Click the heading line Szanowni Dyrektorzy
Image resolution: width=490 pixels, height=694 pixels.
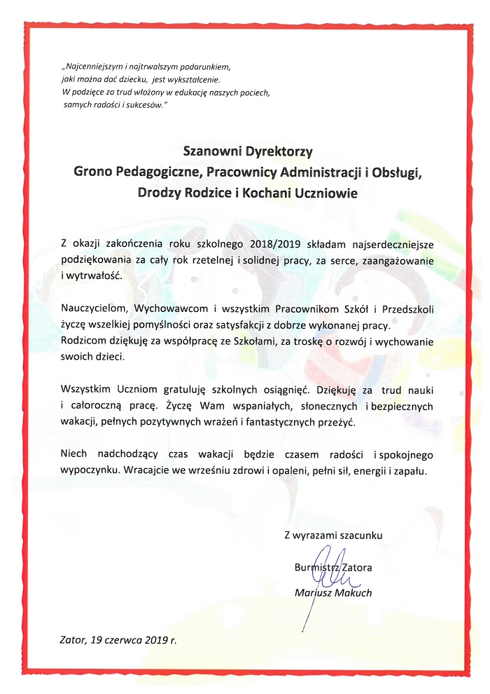coord(248,150)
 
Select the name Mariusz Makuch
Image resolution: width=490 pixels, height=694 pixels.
coord(333,593)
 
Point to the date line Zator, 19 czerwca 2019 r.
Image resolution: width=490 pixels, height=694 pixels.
coord(119,640)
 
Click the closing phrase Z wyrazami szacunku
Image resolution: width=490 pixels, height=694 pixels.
coord(333,535)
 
